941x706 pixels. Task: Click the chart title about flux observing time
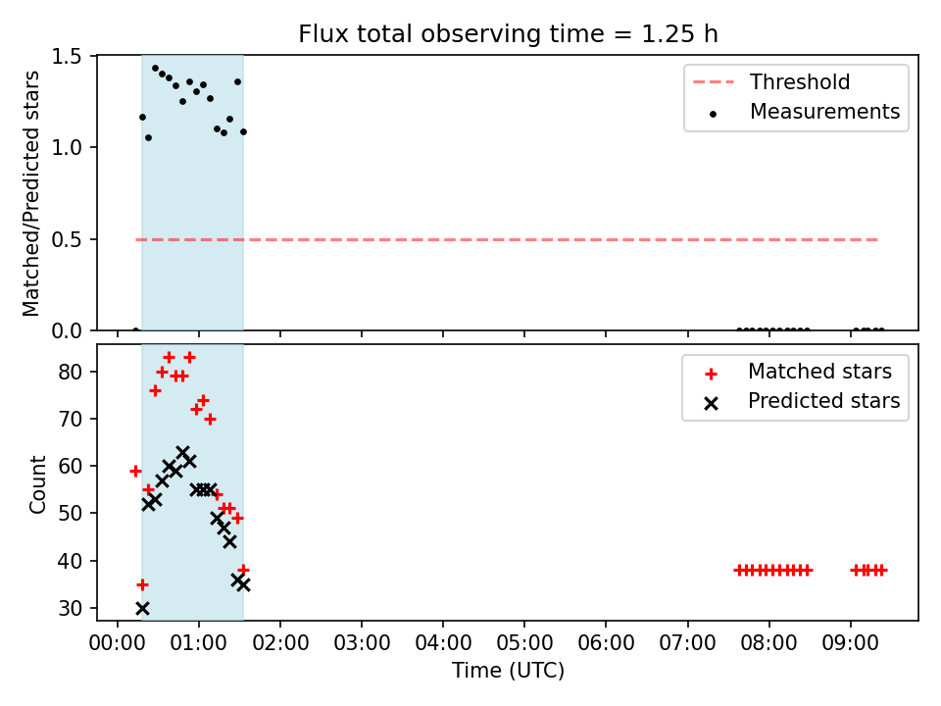[x=509, y=33]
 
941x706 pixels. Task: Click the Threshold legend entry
[x=771, y=81]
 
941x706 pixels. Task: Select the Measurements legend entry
[x=804, y=112]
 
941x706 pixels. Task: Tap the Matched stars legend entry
[x=798, y=372]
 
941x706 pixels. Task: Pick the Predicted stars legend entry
[x=803, y=401]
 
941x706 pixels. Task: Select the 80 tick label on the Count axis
[x=70, y=373]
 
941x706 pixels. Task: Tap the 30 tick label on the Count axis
[x=70, y=608]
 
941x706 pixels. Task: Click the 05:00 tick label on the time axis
[x=523, y=643]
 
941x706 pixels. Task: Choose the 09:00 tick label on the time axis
[x=850, y=643]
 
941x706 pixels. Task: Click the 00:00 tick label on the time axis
[x=117, y=643]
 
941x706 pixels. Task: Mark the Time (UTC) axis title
[x=508, y=670]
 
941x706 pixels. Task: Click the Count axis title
[x=37, y=483]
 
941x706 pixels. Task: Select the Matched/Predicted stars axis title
[x=30, y=193]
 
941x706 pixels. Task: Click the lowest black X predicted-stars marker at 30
[x=142, y=608]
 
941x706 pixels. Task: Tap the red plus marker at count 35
[x=142, y=584]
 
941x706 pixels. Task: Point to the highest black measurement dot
[x=156, y=69]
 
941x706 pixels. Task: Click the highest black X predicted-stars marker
[x=183, y=452]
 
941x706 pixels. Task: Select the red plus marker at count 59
[x=135, y=472]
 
